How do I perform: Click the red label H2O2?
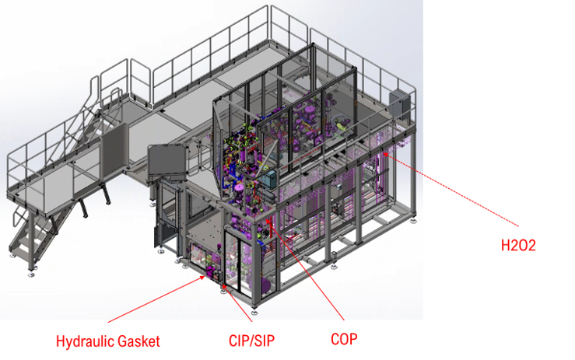[518, 245]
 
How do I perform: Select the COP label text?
[344, 339]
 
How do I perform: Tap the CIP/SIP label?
[251, 341]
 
